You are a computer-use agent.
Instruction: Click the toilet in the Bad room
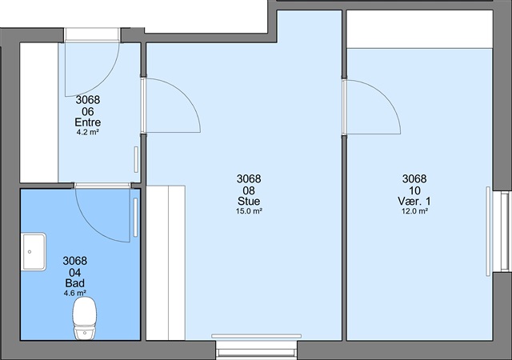(x=85, y=318)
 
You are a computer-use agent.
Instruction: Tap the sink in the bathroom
(x=34, y=251)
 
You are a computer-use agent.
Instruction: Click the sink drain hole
(x=30, y=252)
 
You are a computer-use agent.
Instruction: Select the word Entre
(x=88, y=122)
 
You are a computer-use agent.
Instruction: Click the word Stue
(x=249, y=201)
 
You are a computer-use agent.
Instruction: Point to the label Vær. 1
(x=414, y=201)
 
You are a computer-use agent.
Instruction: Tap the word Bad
(x=74, y=283)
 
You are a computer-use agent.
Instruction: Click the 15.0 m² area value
(x=249, y=211)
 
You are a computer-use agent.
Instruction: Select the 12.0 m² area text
(x=414, y=211)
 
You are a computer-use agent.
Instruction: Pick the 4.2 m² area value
(x=88, y=132)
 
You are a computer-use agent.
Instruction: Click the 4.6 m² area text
(x=75, y=293)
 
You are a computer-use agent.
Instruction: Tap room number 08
(x=249, y=190)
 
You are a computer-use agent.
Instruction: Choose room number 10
(x=414, y=190)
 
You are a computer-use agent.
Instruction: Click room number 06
(x=88, y=112)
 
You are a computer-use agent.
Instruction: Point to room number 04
(x=74, y=273)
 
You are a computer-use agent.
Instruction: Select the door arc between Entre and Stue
(x=185, y=94)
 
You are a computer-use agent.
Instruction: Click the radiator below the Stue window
(x=256, y=336)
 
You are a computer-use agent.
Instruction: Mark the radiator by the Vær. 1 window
(x=488, y=232)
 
